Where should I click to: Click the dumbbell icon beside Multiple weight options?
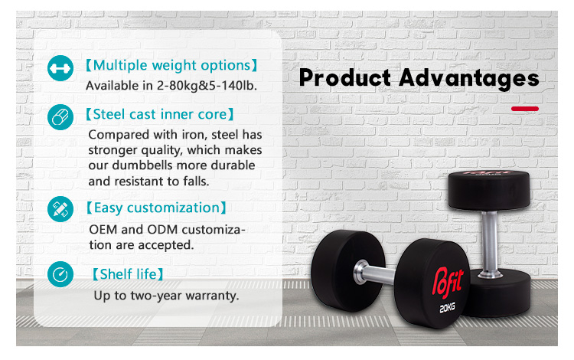tap(60, 68)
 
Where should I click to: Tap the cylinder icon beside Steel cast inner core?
tap(60, 117)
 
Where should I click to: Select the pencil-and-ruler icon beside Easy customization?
tap(60, 209)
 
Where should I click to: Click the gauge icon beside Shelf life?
tap(60, 274)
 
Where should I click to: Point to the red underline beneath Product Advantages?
tap(525, 109)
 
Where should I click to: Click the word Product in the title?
tap(345, 78)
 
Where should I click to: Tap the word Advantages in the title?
tap(469, 79)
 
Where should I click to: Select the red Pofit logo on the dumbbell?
tap(448, 281)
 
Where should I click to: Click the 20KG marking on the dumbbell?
tap(448, 308)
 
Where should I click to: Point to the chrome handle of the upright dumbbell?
tap(490, 242)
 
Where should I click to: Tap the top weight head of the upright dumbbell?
tap(489, 191)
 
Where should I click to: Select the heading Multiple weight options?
tap(171, 65)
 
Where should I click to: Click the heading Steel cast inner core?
tap(160, 114)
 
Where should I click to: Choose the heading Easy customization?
tap(156, 208)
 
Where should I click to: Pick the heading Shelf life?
tap(128, 274)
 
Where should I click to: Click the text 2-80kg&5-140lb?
tap(207, 85)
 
